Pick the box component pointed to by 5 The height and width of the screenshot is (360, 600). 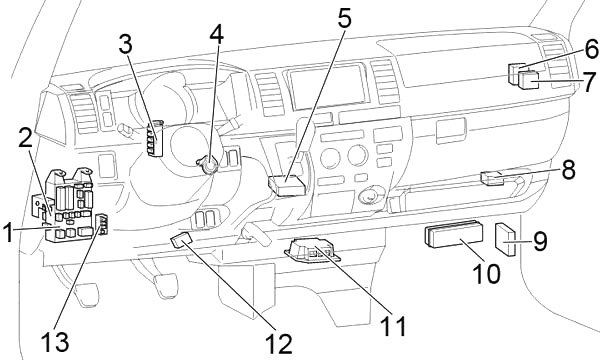[288, 184]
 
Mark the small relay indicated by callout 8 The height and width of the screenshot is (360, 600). [493, 178]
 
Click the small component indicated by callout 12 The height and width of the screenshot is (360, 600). [181, 239]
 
